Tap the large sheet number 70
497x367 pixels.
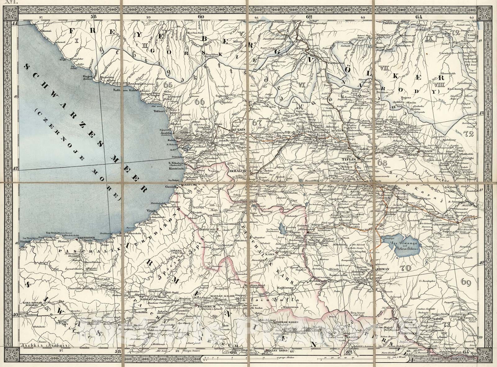pyautogui.click(x=406, y=267)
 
